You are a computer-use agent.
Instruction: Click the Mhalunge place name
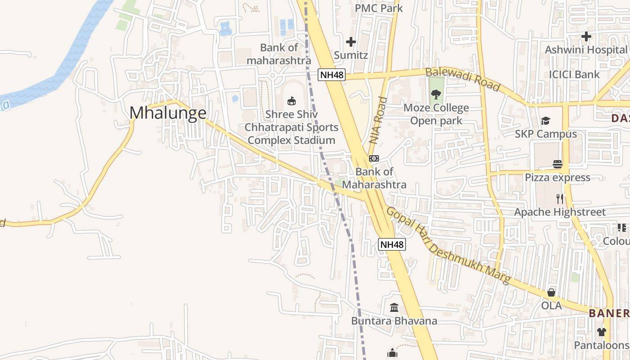coord(168,112)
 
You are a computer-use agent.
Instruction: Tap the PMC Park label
coord(379,8)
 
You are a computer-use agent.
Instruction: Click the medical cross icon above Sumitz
coord(351,42)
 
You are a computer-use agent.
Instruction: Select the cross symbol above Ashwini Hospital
coord(586,36)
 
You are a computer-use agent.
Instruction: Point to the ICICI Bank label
coord(574,74)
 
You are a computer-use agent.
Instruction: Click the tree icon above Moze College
coord(436,94)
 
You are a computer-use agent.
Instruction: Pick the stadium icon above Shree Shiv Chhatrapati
coord(292,101)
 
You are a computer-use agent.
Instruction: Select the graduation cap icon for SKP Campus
coord(545,121)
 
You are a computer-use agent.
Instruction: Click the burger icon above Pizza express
coord(558,164)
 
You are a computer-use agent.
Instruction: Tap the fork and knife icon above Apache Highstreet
coord(560,198)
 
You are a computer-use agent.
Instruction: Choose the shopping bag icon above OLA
coord(551,293)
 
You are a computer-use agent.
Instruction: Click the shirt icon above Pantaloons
coord(602,332)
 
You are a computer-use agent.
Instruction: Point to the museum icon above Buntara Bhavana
coord(394,308)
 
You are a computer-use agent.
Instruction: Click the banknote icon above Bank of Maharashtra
coord(374,158)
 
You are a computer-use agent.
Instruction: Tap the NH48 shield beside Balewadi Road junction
coord(332,75)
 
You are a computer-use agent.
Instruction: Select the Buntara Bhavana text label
coord(394,321)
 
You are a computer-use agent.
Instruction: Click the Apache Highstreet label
coord(560,212)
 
